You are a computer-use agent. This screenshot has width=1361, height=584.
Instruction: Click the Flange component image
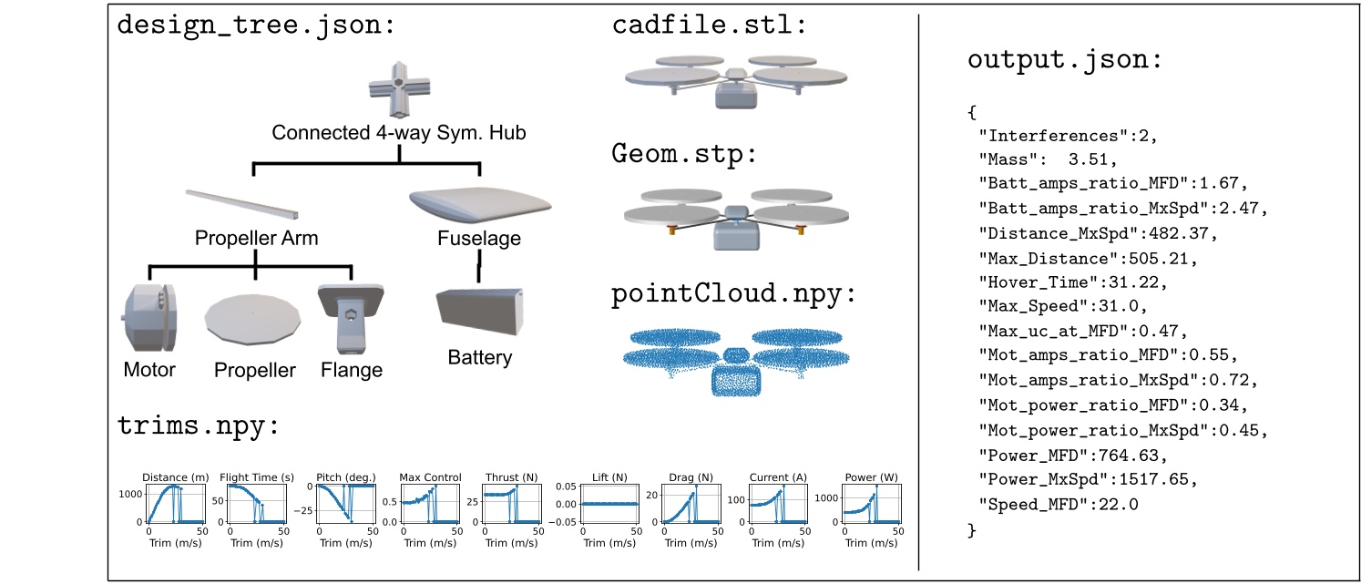[x=351, y=318]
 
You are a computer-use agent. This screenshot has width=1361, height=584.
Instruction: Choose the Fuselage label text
[x=479, y=240]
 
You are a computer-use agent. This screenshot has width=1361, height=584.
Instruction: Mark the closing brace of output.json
[x=972, y=528]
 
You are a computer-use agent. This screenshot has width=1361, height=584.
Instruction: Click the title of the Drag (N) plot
[x=691, y=477]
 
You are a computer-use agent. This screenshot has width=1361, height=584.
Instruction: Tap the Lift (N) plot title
[x=608, y=477]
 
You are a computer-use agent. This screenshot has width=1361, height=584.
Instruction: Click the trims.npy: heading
[x=197, y=426]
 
